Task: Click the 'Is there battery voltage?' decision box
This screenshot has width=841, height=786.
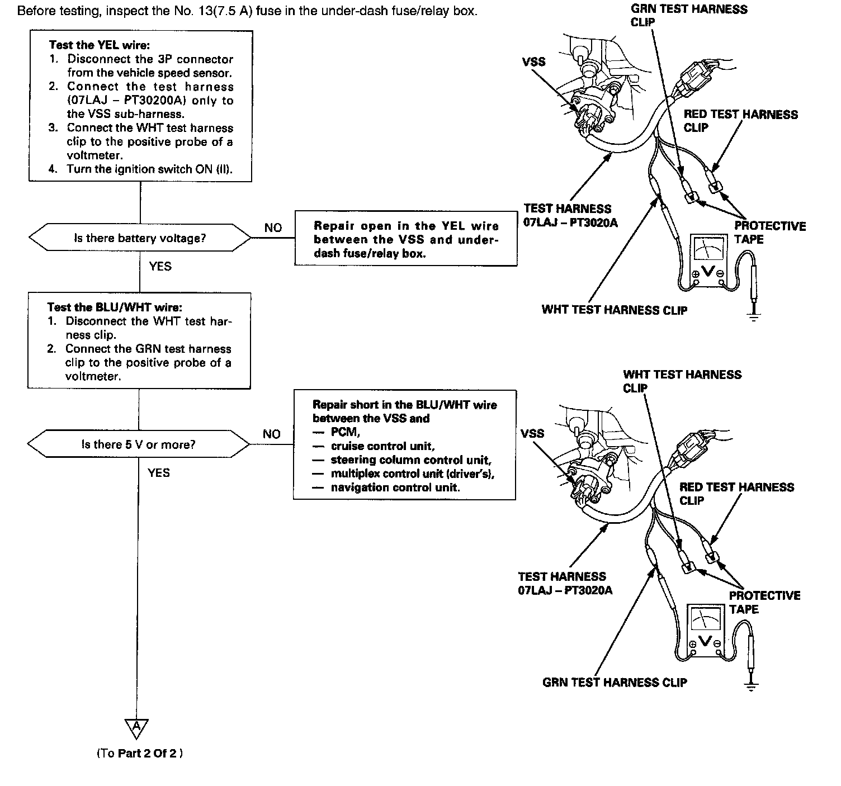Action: [x=140, y=239]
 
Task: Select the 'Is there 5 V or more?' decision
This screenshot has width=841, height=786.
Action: [x=138, y=445]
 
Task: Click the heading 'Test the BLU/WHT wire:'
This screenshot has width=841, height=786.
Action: [x=115, y=307]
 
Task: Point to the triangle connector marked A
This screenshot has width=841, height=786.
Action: [x=136, y=727]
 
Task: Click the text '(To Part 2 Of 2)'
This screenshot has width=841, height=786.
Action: [x=140, y=753]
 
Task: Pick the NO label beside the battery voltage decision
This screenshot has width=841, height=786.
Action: [x=273, y=228]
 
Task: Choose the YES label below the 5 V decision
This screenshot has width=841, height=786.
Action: [x=159, y=473]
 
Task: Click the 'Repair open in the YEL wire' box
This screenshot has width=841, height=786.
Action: [x=405, y=239]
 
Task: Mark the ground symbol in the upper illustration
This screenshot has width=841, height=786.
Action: [x=754, y=317]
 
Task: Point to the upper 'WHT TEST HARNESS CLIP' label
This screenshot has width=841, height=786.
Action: [x=614, y=310]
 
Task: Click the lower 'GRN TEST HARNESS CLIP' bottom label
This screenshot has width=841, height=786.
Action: [x=615, y=682]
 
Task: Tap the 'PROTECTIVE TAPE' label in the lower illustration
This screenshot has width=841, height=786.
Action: [x=764, y=602]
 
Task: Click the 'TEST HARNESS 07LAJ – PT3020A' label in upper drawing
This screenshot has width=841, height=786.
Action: [x=568, y=215]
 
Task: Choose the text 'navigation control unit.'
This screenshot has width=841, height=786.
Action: [x=395, y=487]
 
